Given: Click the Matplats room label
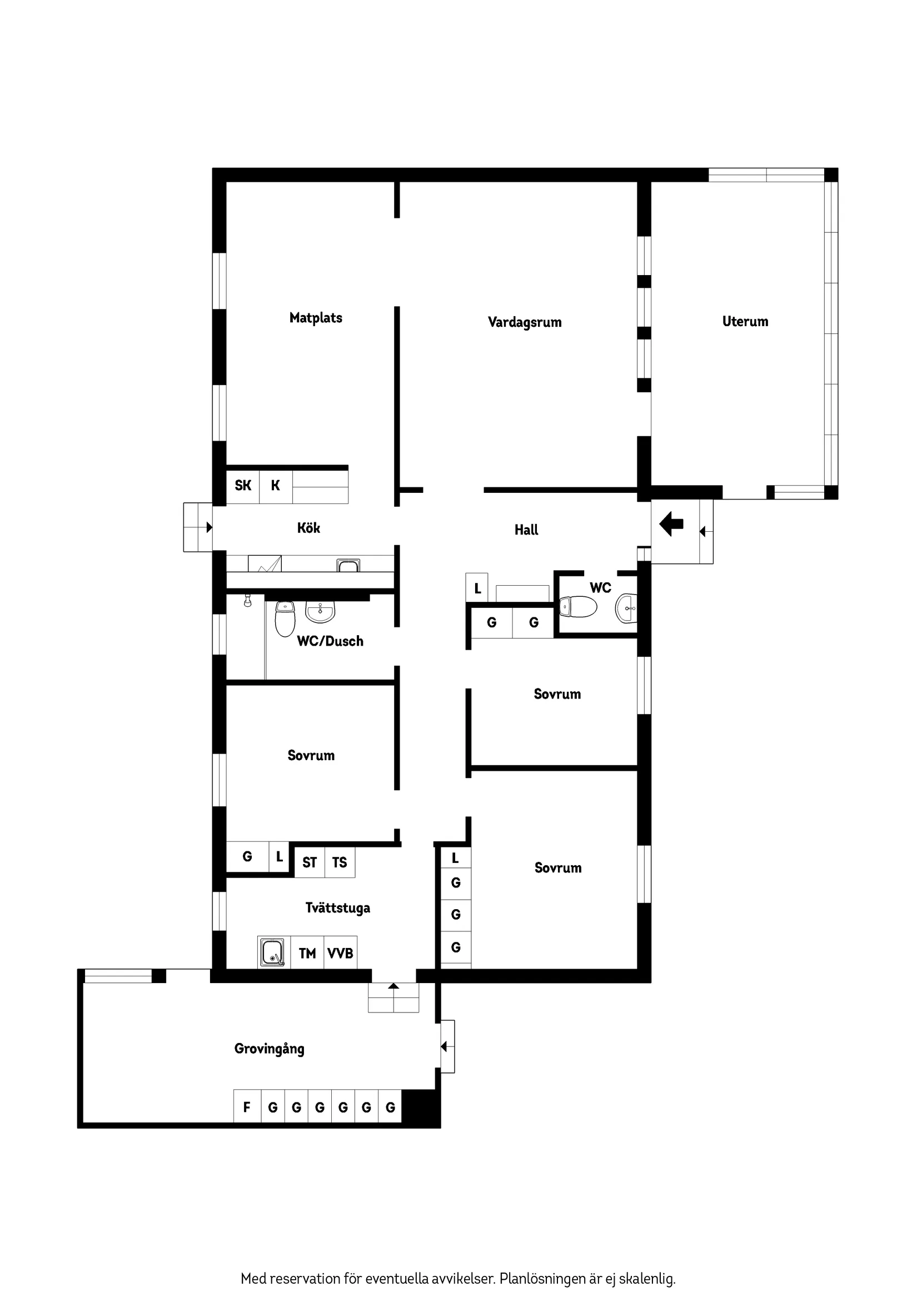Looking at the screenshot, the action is click(315, 317).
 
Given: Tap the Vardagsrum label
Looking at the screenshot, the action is click(524, 322).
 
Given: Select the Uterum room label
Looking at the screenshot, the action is click(745, 321).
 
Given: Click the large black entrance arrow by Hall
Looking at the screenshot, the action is click(671, 523).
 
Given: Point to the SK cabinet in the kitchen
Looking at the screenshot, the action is click(243, 485).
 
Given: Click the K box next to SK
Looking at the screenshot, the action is click(276, 485).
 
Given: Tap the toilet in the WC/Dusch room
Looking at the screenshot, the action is click(285, 618).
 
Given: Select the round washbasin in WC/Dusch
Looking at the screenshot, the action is click(320, 611).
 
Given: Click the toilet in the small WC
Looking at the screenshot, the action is click(578, 607).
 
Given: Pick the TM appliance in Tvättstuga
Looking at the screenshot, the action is click(307, 954).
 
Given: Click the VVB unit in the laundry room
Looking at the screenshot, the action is click(340, 954).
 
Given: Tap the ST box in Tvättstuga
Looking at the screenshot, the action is click(310, 862).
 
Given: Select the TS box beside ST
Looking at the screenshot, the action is click(340, 862).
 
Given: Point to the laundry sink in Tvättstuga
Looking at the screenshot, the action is click(273, 952).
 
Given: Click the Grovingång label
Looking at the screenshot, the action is click(269, 1049).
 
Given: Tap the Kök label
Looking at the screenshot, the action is click(308, 527).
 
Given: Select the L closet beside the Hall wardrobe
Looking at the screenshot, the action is click(477, 587).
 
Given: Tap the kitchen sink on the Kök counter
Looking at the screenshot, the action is click(348, 565).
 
